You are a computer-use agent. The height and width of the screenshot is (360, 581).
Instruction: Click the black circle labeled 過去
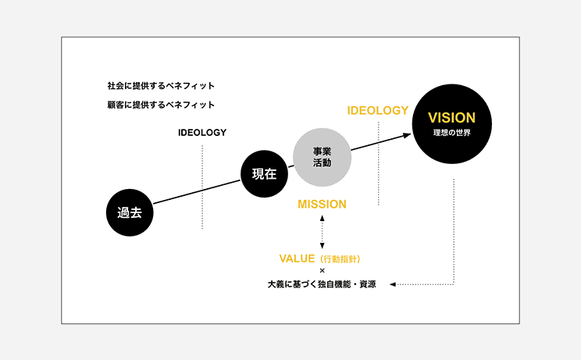pos(130,212)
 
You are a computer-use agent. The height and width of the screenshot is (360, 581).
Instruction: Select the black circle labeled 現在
pos(264,173)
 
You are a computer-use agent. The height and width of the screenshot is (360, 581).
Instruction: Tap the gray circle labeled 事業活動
pos(322,157)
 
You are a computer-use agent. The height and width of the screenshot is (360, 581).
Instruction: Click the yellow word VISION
pos(451,118)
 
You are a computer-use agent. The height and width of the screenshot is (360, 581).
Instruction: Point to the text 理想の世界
pos(451,133)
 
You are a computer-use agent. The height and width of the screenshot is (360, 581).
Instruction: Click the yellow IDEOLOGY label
pos(378,110)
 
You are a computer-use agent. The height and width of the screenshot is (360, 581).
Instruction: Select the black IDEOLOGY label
pos(202,133)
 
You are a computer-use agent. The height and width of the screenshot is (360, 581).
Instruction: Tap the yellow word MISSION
pos(322,204)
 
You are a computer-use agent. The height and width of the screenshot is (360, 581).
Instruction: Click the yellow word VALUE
pos(297,258)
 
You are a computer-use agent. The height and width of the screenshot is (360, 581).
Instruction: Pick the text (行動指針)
pos(340,259)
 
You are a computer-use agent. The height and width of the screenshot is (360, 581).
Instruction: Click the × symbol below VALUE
pos(322,271)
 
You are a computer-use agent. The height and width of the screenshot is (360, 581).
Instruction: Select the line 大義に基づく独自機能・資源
pos(322,284)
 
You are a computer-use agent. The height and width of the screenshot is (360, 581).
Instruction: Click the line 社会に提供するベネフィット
pos(161,86)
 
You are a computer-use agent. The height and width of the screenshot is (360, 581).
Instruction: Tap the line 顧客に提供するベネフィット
pos(161,105)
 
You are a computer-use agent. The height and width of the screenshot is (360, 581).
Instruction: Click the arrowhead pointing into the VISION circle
pos(407,136)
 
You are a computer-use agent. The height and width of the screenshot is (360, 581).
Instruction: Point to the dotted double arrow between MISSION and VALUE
pos(322,232)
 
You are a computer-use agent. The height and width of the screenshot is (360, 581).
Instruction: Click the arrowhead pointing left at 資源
pos(393,284)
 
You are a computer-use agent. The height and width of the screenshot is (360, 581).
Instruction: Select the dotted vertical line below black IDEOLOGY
pos(202,187)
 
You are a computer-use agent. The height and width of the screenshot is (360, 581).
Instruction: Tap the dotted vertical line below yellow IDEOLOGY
pos(378,163)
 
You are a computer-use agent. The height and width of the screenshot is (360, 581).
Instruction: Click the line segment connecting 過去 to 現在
pos(197,191)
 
